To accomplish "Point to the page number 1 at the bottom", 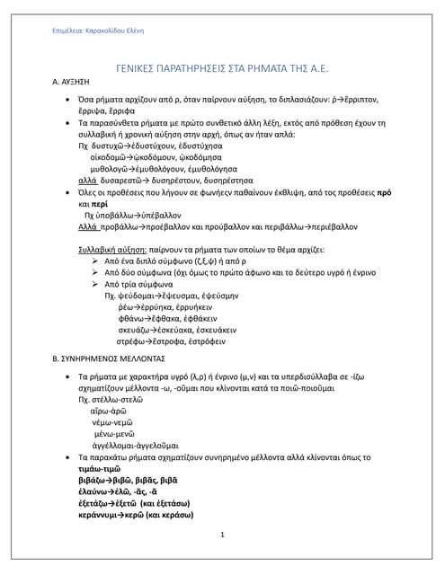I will point(222,535).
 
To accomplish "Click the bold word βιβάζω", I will point(92,481).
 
